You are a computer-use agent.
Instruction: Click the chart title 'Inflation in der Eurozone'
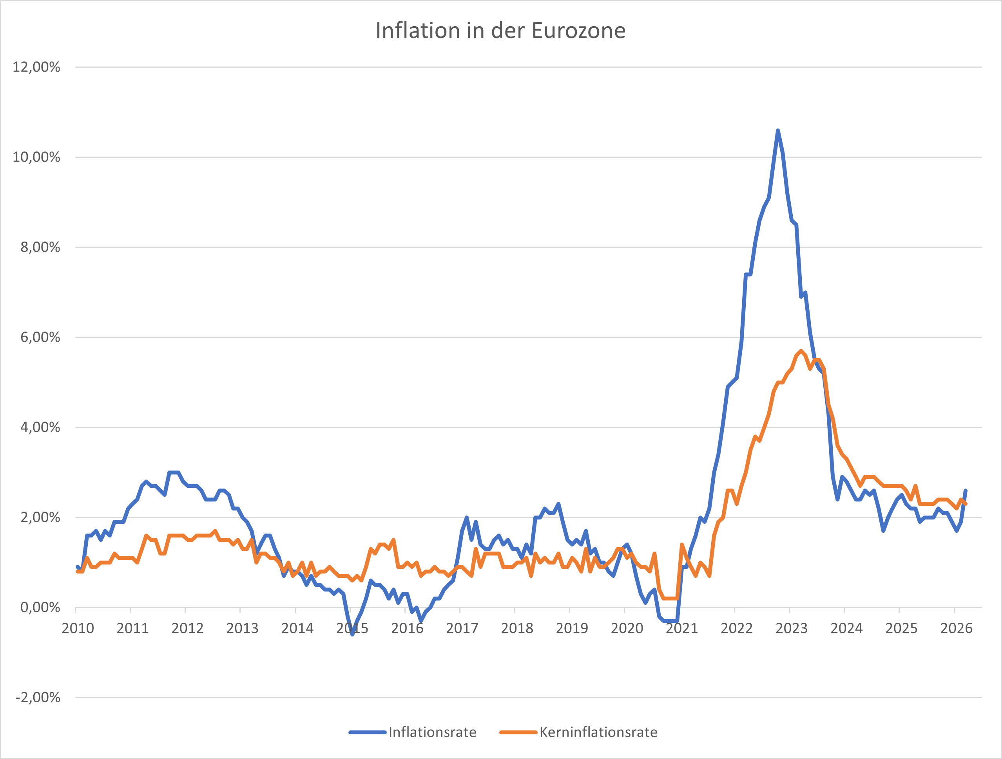pyautogui.click(x=500, y=31)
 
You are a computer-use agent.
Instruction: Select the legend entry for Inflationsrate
pyautogui.click(x=432, y=732)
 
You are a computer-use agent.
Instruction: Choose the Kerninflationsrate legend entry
pyautogui.click(x=598, y=732)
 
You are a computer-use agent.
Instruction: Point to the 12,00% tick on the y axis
pyautogui.click(x=36, y=67)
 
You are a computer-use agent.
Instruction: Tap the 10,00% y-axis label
pyautogui.click(x=36, y=157)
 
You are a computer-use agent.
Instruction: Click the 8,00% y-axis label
pyautogui.click(x=40, y=247)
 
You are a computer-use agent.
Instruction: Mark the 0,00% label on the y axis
pyautogui.click(x=40, y=607)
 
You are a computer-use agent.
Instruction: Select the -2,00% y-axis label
pyautogui.click(x=38, y=697)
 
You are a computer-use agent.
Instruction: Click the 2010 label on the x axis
pyautogui.click(x=78, y=628)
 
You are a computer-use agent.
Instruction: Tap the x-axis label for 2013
pyautogui.click(x=242, y=628)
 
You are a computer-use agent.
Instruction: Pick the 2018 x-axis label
pyautogui.click(x=517, y=628)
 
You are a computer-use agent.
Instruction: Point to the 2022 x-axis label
pyautogui.click(x=737, y=628)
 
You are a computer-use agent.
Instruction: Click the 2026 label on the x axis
pyautogui.click(x=956, y=628)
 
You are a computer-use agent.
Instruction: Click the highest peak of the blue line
pyautogui.click(x=778, y=131)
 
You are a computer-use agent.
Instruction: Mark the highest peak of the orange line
pyautogui.click(x=801, y=351)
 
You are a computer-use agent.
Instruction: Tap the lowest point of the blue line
pyautogui.click(x=352, y=634)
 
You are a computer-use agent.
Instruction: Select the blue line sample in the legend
pyautogui.click(x=367, y=732)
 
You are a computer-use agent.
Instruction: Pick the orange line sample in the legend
pyautogui.click(x=518, y=732)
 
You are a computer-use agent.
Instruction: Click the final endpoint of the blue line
pyautogui.click(x=965, y=490)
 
